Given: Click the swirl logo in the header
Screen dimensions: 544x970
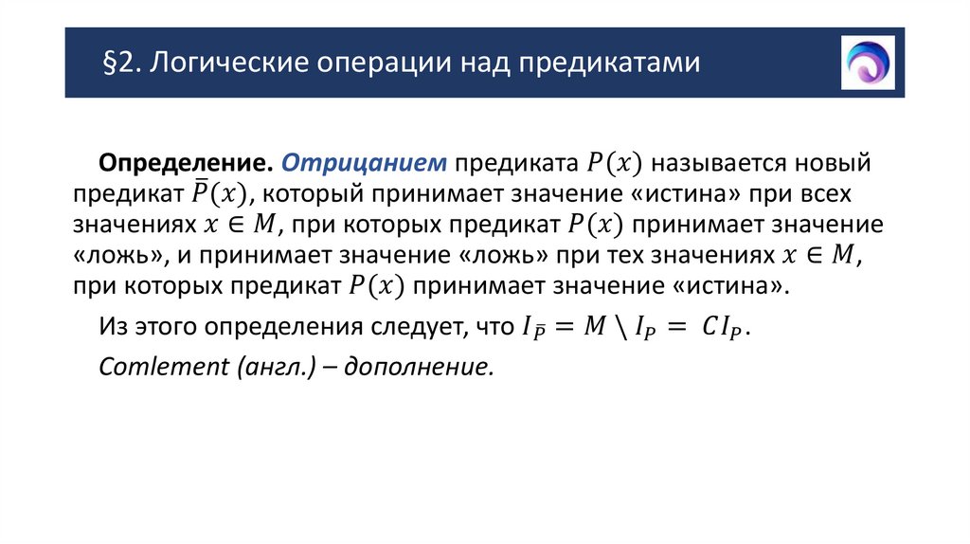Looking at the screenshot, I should point(868,63).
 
